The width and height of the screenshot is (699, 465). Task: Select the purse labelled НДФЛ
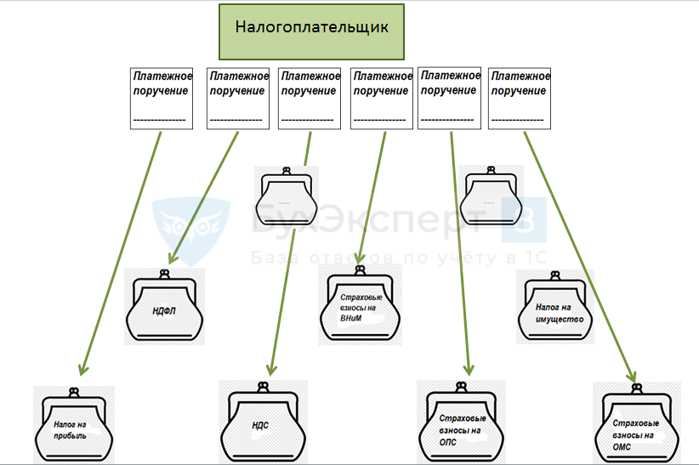click(166, 309)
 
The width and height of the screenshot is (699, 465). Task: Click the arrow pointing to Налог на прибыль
click(119, 255)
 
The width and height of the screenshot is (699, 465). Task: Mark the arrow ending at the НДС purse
click(289, 255)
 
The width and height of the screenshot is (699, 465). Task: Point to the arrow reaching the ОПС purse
click(459, 255)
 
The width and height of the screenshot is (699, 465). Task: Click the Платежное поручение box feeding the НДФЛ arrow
click(238, 99)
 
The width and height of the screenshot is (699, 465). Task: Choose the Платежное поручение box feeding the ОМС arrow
click(520, 99)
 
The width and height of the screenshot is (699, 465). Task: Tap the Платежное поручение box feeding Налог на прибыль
click(162, 99)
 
